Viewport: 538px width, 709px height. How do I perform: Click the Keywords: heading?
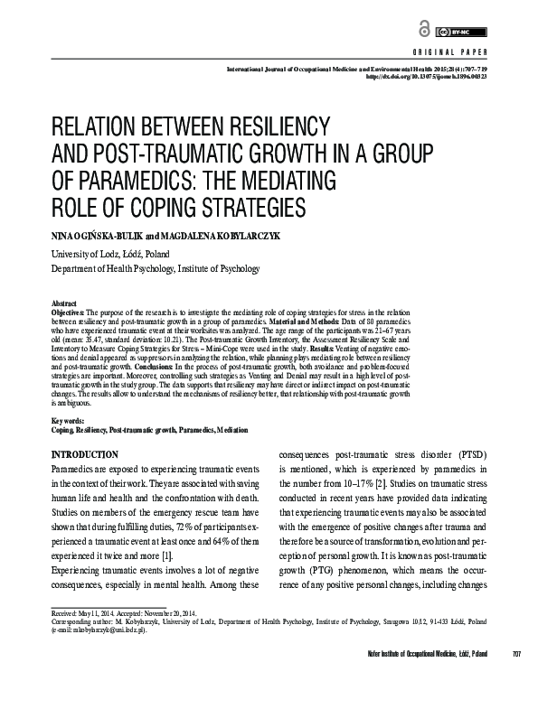click(71, 420)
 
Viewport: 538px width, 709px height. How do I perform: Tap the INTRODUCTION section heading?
click(98, 453)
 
